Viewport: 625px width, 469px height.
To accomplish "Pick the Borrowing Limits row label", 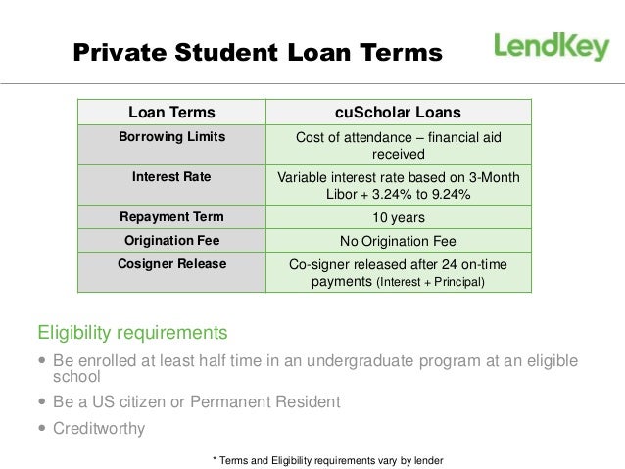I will click(x=171, y=137).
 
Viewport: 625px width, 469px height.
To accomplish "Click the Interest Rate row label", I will click(x=171, y=177).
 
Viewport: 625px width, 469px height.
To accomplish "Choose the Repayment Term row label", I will click(x=171, y=216).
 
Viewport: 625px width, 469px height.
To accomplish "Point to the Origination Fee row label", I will click(x=171, y=240).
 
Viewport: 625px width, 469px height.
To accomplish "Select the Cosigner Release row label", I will click(x=171, y=264).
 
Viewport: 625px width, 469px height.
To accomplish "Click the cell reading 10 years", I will click(x=398, y=217).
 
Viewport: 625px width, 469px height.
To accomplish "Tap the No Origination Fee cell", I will click(x=398, y=241).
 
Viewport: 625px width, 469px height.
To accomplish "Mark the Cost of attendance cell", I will click(x=398, y=146).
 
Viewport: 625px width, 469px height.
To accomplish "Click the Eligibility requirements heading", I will click(x=132, y=331).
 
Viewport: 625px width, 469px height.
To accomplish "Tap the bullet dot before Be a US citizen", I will click(x=42, y=402).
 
